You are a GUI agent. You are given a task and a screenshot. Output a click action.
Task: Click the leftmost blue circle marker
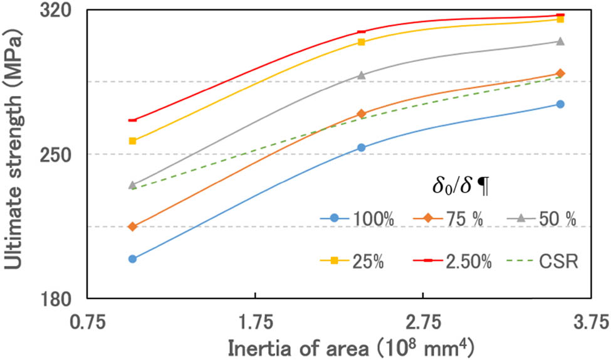pos(132,259)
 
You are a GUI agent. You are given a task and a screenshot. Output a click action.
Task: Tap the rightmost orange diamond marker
pos(560,74)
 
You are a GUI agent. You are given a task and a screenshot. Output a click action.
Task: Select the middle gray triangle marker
pos(361,75)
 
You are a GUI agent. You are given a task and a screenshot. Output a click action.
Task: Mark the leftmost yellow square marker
pos(132,141)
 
